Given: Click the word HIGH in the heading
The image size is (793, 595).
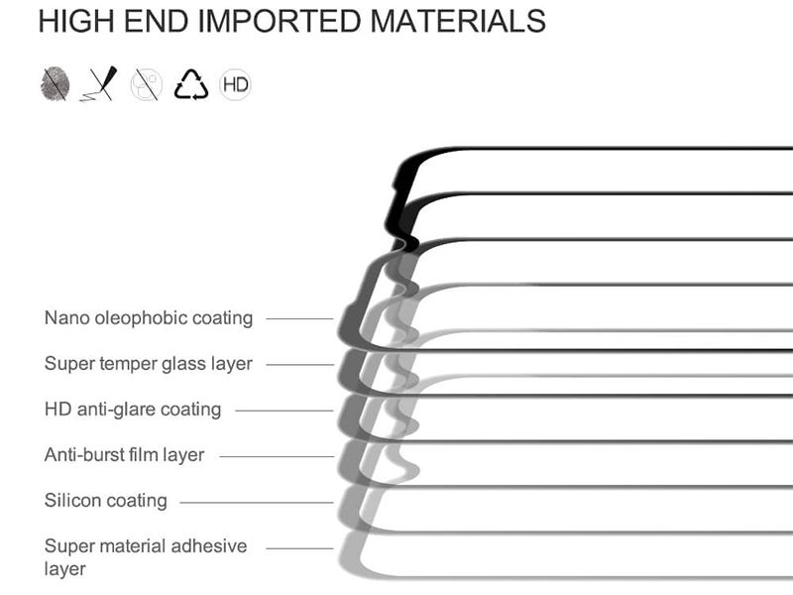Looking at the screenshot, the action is pos(76,21).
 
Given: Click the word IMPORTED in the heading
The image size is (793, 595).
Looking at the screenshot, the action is pos(279,21).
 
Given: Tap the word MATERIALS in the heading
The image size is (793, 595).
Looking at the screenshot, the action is pos(458,21).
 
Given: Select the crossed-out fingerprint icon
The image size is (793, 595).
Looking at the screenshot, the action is pos(55,83).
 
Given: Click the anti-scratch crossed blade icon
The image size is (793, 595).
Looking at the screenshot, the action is pos(99,83).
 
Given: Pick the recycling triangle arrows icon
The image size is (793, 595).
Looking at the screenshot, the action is pos(191,84).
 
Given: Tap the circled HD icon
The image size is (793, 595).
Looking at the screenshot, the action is pos(235,84).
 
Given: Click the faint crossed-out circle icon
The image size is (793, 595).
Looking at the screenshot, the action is pos(146,84).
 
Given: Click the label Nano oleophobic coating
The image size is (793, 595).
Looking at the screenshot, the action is pos(149,318).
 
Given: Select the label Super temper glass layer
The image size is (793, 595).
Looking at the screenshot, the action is pos(149,364).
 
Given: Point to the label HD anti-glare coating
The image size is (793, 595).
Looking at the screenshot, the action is pos(133,410).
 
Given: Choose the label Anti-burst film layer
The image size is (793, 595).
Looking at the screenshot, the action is pos(125,455).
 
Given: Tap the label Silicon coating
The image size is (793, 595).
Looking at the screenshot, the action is pos(106,501).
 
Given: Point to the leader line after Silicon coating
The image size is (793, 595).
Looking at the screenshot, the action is pos(257,503).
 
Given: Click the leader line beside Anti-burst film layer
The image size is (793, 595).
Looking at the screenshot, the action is pos(277,456).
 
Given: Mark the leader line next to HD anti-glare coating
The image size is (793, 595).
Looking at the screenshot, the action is pos(284,411).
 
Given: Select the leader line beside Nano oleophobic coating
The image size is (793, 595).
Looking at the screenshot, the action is pos(300,318).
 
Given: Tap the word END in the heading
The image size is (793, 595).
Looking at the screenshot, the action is pos(156,21).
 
